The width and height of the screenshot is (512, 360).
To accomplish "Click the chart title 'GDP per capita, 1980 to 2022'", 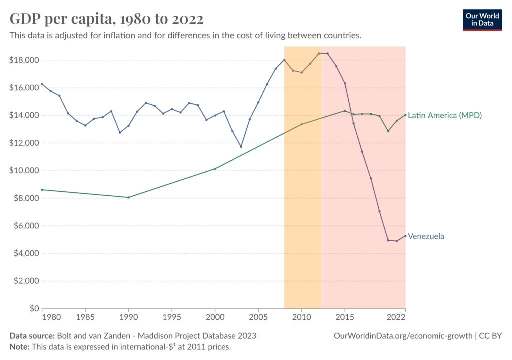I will coord(107,19).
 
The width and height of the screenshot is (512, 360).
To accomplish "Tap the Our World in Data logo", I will coord(482,19).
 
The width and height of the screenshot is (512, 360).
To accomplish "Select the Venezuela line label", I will coord(426,236).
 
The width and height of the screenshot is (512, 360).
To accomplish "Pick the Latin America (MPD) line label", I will coord(445,115).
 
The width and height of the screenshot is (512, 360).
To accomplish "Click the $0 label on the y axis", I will coord(31,309).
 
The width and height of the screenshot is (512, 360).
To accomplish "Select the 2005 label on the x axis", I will coord(258,317).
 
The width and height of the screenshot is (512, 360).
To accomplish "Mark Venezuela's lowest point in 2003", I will coord(241,147).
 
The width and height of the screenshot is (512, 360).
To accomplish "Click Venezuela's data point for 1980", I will coord(42,84).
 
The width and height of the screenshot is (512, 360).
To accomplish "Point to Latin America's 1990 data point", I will coord(128,197).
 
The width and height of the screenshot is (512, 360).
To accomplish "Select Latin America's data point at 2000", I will coord(215,169).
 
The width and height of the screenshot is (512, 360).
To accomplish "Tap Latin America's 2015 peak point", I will coord(344,111).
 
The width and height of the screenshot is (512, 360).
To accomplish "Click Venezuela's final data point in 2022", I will coord(405,236).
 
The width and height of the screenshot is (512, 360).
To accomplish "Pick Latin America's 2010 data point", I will coord(301,124).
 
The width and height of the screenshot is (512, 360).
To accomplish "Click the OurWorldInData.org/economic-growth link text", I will coord(403,336).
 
